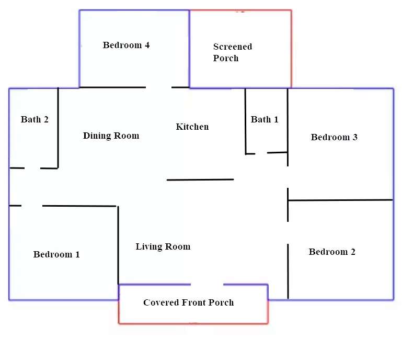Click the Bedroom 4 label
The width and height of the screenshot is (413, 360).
point(126,45)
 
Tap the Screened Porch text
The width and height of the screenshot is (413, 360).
point(233,52)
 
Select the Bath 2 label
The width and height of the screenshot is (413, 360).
point(35,119)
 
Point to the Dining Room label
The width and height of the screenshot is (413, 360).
point(111,136)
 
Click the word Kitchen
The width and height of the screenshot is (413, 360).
point(192,127)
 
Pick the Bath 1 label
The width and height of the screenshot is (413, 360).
point(265,119)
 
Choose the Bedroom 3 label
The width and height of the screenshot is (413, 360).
point(334,137)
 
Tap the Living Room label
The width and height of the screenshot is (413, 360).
point(163,246)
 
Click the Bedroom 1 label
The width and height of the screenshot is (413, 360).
point(56,254)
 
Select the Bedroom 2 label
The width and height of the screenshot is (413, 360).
point(332,252)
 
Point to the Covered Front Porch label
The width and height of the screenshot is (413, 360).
point(189,302)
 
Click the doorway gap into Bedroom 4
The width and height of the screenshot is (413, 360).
point(158,87)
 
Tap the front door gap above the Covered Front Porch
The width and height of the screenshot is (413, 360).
point(207,284)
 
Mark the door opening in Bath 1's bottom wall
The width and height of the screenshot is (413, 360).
point(261,153)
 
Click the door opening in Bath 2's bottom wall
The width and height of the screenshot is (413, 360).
point(32,168)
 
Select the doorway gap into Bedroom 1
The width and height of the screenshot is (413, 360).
point(31,206)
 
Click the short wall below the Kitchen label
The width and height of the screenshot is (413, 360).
point(200,179)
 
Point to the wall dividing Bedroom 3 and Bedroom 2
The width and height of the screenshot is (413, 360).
point(340,200)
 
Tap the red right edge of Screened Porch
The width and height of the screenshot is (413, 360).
point(291,49)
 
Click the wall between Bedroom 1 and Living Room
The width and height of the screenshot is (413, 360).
point(118,245)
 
